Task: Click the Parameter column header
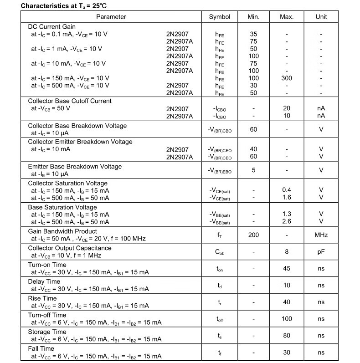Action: (111, 17)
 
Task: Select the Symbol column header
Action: (220, 17)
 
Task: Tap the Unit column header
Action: (321, 17)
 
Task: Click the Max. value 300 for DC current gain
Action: (287, 78)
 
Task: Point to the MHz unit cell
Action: (321, 235)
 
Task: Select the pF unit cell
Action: (321, 251)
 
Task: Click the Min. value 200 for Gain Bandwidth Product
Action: (253, 235)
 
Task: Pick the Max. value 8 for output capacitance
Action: (287, 251)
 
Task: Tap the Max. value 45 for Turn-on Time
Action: (287, 268)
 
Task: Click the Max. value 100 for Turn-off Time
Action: (287, 318)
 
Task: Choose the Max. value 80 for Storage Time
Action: (287, 336)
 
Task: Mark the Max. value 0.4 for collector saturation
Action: (287, 190)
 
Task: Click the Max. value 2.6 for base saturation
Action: (287, 221)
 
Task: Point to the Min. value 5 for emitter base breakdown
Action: (253, 170)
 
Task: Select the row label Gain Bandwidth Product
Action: (62, 231)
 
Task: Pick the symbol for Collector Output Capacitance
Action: (220, 252)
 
